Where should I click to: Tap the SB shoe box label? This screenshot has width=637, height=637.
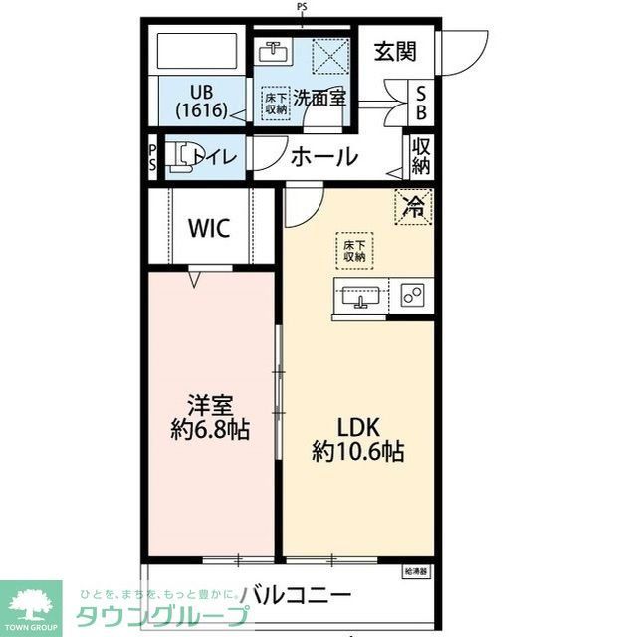[x=421, y=102]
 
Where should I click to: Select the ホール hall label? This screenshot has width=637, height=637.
[x=323, y=156]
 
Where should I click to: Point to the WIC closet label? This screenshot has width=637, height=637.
[x=209, y=227]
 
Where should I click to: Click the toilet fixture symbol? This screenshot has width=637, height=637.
[x=179, y=158]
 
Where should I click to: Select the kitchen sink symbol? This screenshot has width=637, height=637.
[x=359, y=296]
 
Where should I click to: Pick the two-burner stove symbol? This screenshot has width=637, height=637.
[x=413, y=294]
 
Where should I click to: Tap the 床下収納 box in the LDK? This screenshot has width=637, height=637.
[x=353, y=250]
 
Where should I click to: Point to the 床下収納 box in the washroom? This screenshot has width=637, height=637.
[x=276, y=103]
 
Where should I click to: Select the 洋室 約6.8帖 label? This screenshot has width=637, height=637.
[x=209, y=417]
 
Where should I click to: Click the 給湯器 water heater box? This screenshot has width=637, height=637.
[x=415, y=572]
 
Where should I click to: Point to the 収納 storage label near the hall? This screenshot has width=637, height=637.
[x=421, y=155]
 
